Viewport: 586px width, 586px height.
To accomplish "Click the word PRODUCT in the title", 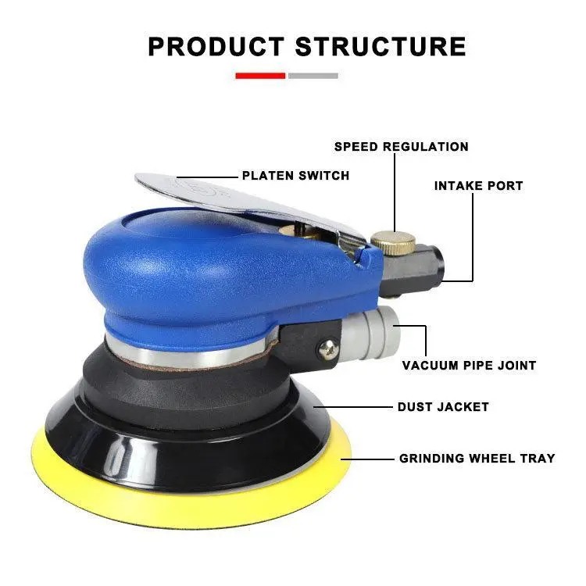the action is tap(216, 47).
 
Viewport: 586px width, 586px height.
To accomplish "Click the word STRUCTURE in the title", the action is tap(381, 47).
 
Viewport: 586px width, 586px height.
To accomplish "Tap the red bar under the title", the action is tap(260, 76).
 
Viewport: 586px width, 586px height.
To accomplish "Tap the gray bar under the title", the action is tap(313, 76).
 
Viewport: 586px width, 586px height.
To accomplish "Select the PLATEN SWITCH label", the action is tap(295, 176).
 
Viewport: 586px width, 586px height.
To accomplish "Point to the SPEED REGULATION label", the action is tap(402, 147).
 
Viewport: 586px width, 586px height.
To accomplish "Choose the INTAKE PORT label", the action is tap(478, 186).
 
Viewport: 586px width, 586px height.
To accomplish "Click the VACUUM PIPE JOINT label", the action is tap(469, 365).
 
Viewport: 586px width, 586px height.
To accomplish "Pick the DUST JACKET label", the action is tap(443, 406).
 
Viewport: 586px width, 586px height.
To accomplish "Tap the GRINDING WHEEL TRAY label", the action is tap(477, 458).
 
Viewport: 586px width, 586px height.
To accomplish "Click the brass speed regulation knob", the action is tap(393, 242).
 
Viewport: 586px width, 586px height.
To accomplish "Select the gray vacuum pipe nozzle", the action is tap(370, 333).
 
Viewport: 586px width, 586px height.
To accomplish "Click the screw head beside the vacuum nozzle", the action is tap(328, 350).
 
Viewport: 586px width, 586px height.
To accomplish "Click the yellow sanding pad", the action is tap(191, 501).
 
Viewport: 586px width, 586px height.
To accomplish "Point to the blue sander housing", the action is tap(224, 273).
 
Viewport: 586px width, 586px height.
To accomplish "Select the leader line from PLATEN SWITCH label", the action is tap(207, 177).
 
